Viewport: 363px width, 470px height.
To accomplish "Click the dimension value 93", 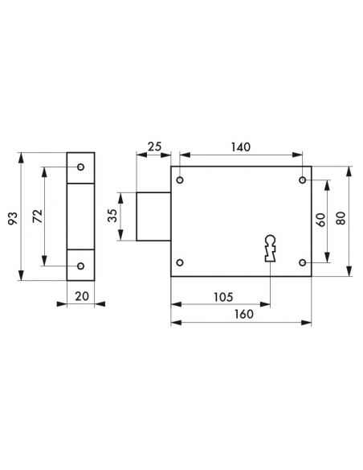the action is (13, 218).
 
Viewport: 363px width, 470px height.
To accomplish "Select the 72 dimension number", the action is (38, 216).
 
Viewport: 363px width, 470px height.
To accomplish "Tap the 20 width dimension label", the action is (82, 296).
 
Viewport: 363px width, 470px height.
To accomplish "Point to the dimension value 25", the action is (154, 146).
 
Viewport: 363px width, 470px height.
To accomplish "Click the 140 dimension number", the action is (241, 146).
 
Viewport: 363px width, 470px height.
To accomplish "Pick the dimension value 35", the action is (112, 216).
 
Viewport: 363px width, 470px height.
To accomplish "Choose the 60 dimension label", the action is (320, 220).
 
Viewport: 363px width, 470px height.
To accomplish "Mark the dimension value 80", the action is (341, 218).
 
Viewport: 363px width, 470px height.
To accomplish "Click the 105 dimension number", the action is (223, 297).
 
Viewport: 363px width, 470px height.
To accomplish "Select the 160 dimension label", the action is (244, 314).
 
